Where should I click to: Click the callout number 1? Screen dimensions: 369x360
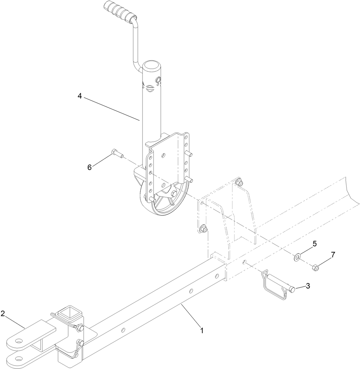pyautogui.click(x=202, y=330)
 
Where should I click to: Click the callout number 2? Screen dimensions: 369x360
pyautogui.click(x=3, y=313)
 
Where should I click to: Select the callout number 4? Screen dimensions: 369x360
pyautogui.click(x=80, y=96)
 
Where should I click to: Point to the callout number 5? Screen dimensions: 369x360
pyautogui.click(x=314, y=244)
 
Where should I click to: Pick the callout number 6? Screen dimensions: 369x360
pyautogui.click(x=90, y=167)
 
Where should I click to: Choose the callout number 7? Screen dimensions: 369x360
pyautogui.click(x=333, y=255)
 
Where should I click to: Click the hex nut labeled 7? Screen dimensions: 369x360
pyautogui.click(x=314, y=267)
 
